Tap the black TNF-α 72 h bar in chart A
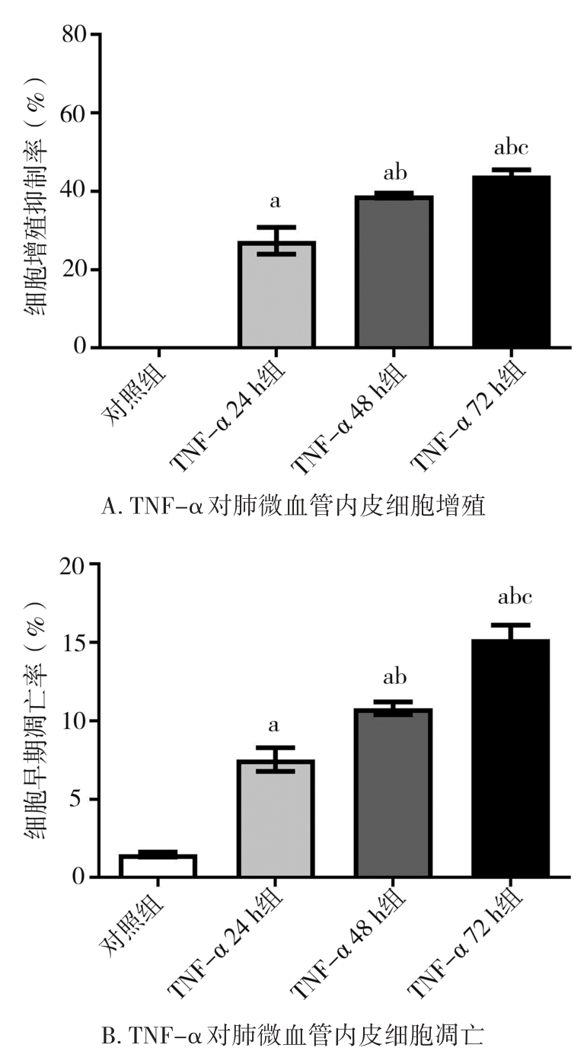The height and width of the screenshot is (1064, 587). click(x=511, y=262)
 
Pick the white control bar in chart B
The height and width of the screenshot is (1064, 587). click(x=159, y=866)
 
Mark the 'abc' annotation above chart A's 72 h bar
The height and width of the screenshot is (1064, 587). click(x=511, y=148)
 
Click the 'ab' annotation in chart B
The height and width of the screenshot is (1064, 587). click(x=394, y=677)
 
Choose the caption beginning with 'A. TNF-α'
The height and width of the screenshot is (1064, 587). click(x=293, y=506)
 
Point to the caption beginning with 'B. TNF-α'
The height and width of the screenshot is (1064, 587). click(x=293, y=1036)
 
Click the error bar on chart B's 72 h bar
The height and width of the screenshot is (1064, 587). click(x=511, y=631)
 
